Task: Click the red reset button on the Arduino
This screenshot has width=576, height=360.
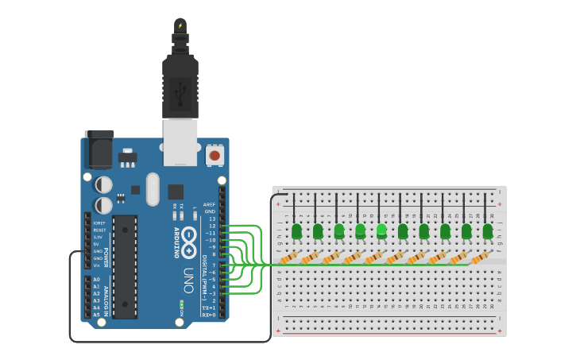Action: pos(215,155)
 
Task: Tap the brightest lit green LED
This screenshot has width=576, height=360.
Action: pos(381,230)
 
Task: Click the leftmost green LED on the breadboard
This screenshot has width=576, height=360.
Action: pos(296,231)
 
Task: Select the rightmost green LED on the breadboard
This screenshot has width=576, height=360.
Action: pos(487,231)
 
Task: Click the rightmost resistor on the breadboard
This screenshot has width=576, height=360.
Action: pos(481,257)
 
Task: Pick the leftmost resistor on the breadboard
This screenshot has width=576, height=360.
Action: pos(290,257)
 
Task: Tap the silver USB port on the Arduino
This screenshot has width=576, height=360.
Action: pos(180,142)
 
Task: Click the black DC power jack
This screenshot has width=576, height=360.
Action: pos(99,149)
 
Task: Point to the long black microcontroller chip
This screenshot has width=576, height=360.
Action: pos(124,265)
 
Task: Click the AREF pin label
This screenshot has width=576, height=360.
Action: pos(209,204)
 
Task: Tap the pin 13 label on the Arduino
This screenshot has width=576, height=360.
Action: pos(211,219)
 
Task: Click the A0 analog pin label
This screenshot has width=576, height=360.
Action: pos(96,280)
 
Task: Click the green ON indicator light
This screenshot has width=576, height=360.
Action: pos(182,304)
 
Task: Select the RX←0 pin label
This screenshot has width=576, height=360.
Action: pos(209,315)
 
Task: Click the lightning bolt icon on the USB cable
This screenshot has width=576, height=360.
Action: pos(180,25)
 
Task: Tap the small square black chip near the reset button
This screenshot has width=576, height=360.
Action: pos(176,192)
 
